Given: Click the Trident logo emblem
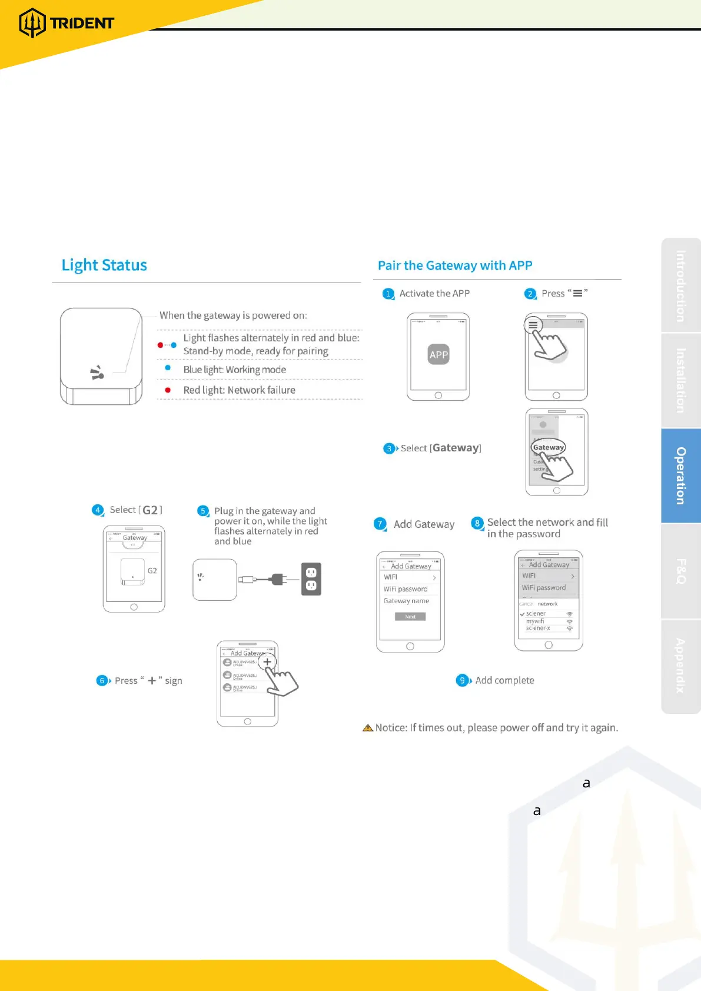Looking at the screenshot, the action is (x=32, y=23).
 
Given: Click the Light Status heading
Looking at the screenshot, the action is (x=104, y=265).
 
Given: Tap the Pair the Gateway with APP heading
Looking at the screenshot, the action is (x=455, y=265).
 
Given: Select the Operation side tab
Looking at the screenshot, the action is (x=681, y=475).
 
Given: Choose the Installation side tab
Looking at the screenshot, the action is (x=681, y=380).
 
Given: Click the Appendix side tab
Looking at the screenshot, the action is (x=681, y=666).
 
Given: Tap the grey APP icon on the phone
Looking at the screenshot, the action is (x=438, y=354).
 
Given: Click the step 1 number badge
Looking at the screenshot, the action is (x=388, y=294).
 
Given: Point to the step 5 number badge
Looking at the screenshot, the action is (x=203, y=511).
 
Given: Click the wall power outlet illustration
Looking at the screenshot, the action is (x=311, y=579).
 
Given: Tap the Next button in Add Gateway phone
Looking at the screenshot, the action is (x=410, y=617).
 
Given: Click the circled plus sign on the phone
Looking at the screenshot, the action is (x=267, y=661).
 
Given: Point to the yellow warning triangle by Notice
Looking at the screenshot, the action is (x=368, y=728).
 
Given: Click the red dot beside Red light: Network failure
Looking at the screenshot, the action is (x=168, y=390).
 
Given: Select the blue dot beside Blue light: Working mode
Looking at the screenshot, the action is (x=168, y=368).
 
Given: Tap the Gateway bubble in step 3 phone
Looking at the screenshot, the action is (x=549, y=447).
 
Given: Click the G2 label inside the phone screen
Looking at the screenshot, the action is (x=152, y=571).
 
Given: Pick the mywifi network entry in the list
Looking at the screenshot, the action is (x=535, y=621).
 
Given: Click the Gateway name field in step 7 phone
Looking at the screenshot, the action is (x=406, y=601).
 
